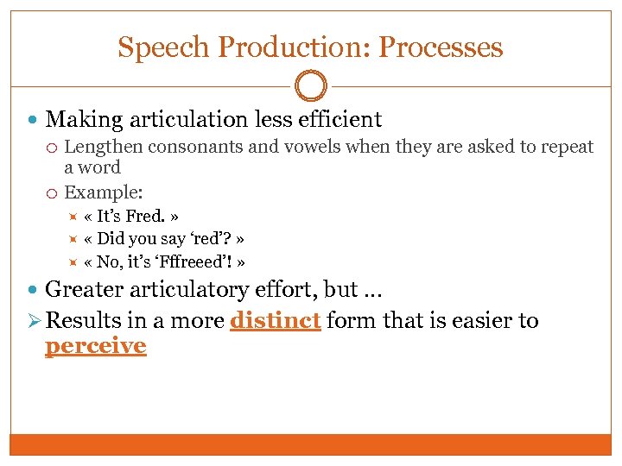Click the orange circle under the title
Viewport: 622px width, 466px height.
(x=310, y=86)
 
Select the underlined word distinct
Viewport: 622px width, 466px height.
(x=276, y=321)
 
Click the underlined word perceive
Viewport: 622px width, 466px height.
(x=95, y=346)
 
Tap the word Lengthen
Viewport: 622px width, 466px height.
(x=103, y=147)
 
